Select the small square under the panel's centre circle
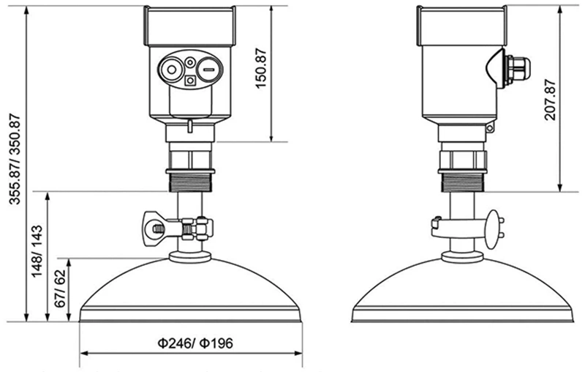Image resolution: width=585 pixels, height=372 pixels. (191, 81)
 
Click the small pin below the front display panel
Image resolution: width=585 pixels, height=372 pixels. (189, 126)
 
